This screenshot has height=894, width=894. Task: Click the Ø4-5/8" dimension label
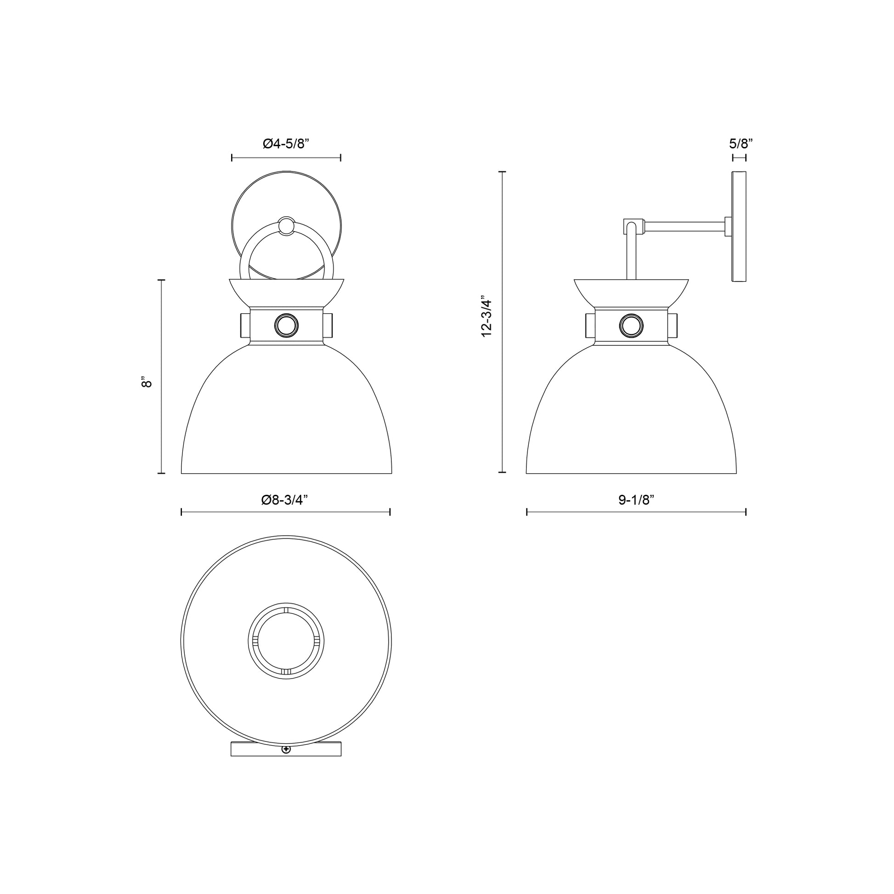(x=285, y=144)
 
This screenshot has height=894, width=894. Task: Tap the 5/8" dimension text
(x=741, y=143)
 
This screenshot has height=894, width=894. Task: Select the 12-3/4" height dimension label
(x=487, y=316)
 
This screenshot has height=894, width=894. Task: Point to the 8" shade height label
(x=147, y=383)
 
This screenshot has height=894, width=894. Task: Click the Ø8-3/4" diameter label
(x=284, y=500)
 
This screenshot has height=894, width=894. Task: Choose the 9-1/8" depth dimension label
(x=636, y=500)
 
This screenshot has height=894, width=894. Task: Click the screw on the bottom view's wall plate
(x=286, y=762)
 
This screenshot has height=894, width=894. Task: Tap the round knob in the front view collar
(x=286, y=326)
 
